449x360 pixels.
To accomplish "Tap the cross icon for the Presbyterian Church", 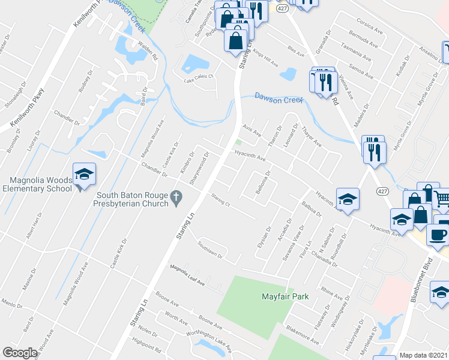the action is [x=176, y=197].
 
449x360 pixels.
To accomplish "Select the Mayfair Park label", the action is [x=285, y=296].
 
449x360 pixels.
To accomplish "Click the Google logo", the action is [x=20, y=353].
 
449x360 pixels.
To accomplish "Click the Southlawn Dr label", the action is [x=211, y=250].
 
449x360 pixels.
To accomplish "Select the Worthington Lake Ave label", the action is [x=208, y=335].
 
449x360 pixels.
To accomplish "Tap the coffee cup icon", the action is [x=439, y=235].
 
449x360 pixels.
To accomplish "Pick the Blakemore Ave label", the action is [x=303, y=334].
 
